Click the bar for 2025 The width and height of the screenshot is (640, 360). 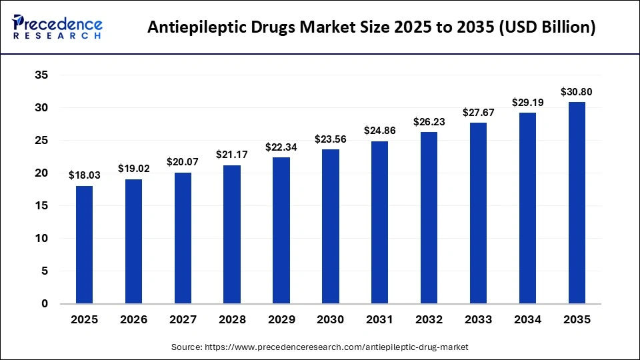(85, 245)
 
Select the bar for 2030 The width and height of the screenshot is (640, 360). (331, 227)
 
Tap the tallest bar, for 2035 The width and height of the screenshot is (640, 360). (577, 203)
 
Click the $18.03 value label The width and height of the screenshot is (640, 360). (85, 175)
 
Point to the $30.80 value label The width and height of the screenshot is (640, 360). (577, 92)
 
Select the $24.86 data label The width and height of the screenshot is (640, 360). (380, 131)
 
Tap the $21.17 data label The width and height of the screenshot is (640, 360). (232, 155)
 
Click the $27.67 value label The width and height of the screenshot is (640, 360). (478, 112)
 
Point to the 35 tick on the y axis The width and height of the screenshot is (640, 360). (41, 75)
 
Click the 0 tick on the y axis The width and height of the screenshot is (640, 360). (45, 304)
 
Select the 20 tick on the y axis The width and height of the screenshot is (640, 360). (41, 173)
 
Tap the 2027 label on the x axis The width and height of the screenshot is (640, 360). (183, 320)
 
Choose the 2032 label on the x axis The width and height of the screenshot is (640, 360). (429, 320)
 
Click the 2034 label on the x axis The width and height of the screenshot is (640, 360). (527, 320)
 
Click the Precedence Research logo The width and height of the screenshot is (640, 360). (57, 27)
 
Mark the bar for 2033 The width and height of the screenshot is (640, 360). (478, 213)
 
